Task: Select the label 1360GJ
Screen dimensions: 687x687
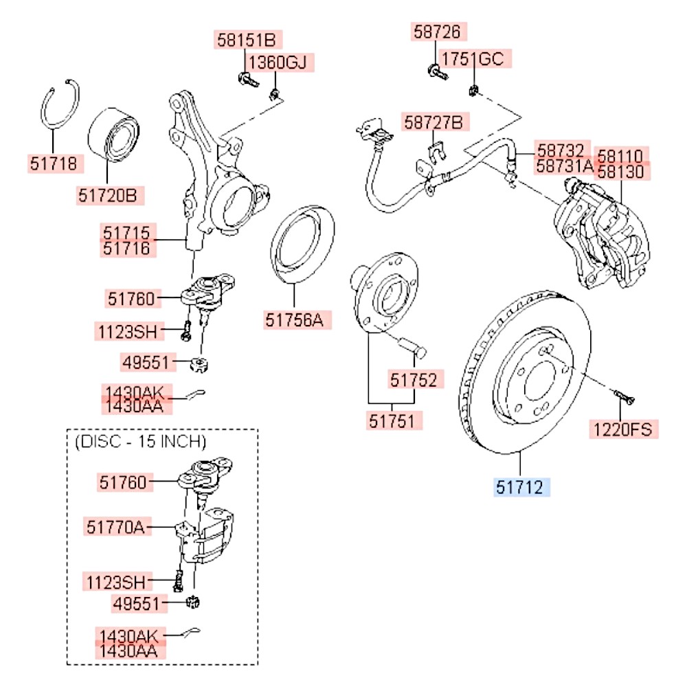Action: click(277, 63)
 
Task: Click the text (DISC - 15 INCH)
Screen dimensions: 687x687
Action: click(139, 440)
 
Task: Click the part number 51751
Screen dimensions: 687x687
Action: click(392, 420)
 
